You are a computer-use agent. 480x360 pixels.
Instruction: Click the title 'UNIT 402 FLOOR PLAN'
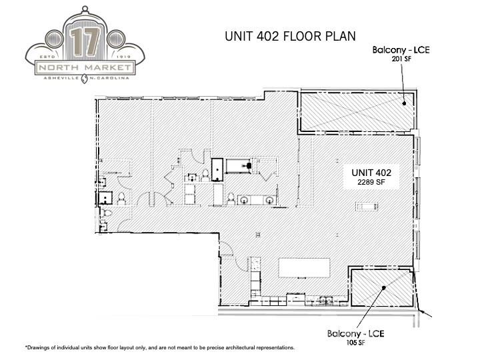290,37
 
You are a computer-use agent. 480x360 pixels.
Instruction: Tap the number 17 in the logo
83,43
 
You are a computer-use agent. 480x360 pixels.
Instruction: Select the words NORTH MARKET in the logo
83,68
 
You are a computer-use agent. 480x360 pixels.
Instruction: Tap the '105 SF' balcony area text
355,343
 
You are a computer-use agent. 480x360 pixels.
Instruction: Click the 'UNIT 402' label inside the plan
371,172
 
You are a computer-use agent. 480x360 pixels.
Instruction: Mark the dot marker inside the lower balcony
384,288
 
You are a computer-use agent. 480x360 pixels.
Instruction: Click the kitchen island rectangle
304,269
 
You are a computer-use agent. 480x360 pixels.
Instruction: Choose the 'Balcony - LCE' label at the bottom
355,333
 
